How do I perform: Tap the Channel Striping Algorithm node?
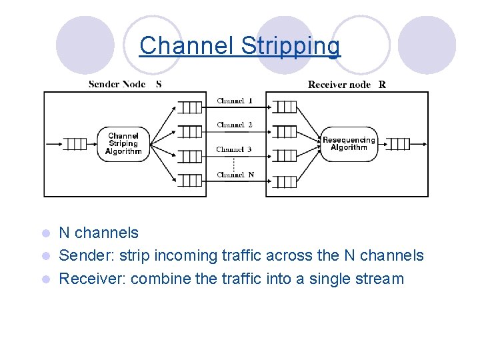(x=123, y=143)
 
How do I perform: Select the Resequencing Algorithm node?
(x=349, y=143)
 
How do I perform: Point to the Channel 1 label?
(x=234, y=101)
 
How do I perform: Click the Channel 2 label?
(x=234, y=125)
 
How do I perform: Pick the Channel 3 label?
(x=234, y=149)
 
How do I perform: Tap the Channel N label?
(x=234, y=175)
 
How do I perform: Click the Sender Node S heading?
(x=125, y=84)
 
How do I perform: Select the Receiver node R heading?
(x=347, y=85)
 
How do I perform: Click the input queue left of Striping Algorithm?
(x=75, y=143)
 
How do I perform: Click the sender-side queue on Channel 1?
(x=191, y=107)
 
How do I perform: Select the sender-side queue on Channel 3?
(x=191, y=156)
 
